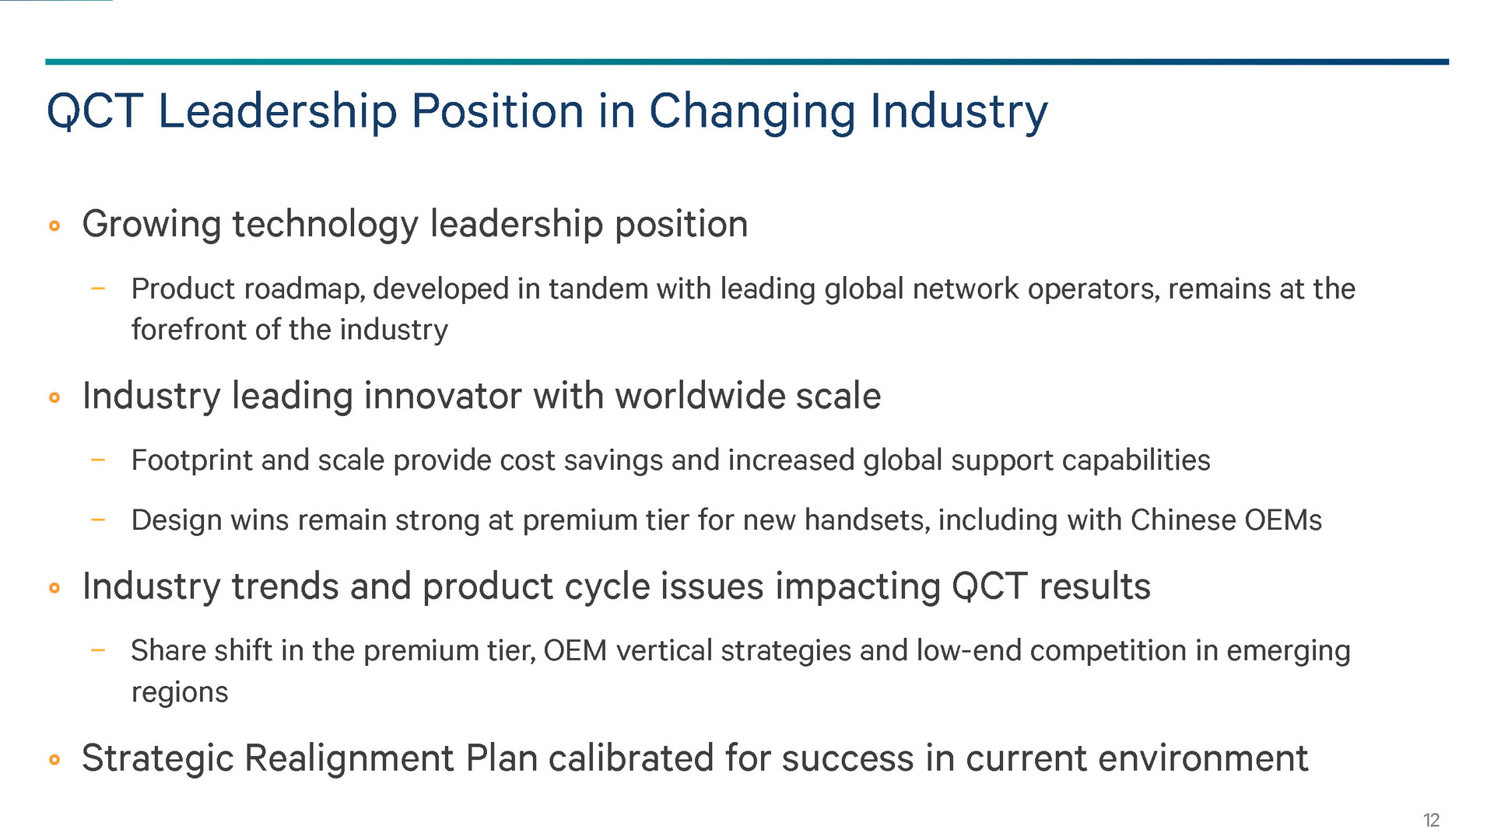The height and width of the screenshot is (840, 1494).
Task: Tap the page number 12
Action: click(x=1431, y=820)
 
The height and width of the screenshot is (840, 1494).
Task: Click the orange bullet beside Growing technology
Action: click(x=54, y=226)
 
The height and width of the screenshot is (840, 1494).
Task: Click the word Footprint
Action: click(x=191, y=460)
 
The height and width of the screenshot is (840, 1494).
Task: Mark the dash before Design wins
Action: click(x=97, y=519)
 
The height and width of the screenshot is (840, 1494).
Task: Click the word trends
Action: click(x=285, y=586)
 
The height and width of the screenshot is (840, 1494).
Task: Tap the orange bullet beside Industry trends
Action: click(x=54, y=587)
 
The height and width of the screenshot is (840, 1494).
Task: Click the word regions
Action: click(x=180, y=693)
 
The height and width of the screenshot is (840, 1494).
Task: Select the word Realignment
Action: click(x=349, y=758)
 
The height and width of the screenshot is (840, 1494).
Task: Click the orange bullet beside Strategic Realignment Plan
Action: click(x=54, y=759)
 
